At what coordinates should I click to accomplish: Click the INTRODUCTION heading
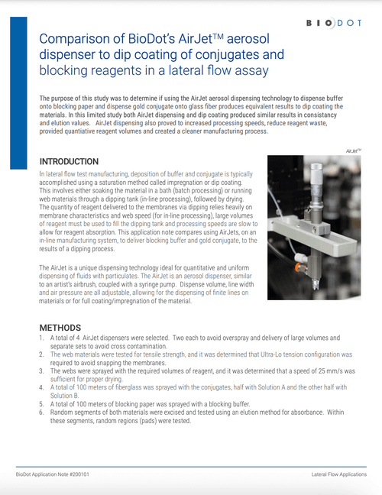[x=79, y=162]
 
